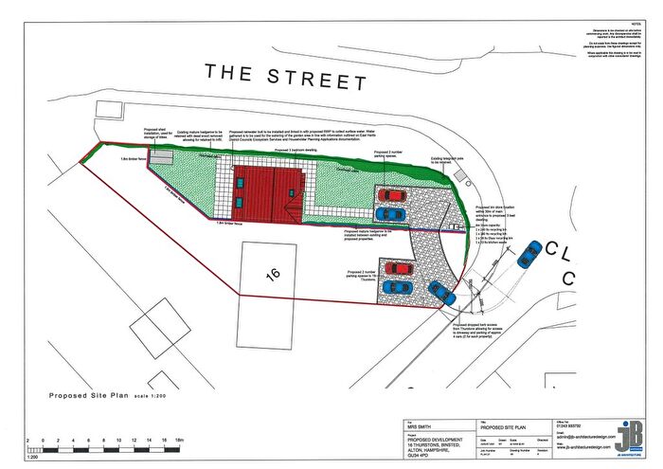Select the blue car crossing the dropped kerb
pyautogui.click(x=444, y=295)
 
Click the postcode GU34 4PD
pyautogui.click(x=417, y=454)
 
